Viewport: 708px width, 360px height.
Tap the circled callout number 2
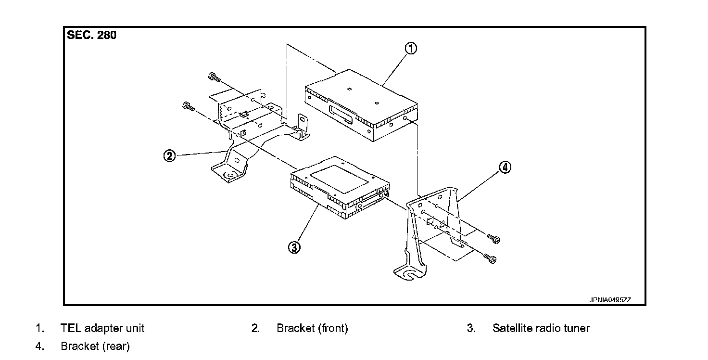(x=169, y=156)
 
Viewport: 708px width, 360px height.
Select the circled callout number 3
(x=294, y=247)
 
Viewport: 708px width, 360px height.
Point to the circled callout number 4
(x=505, y=167)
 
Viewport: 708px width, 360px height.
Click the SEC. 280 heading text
(x=91, y=35)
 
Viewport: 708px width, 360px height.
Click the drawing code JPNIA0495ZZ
(x=610, y=300)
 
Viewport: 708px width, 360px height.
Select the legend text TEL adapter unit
(x=102, y=328)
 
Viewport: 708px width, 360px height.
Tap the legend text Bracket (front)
(x=312, y=328)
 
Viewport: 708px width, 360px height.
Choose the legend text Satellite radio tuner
(x=541, y=328)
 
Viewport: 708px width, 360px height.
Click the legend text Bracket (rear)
(x=95, y=346)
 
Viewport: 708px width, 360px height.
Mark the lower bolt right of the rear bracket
(x=491, y=259)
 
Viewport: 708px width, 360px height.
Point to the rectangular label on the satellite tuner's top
(x=340, y=177)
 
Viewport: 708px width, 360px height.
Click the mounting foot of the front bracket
(x=229, y=173)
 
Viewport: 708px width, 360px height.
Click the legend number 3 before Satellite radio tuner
(x=471, y=328)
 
